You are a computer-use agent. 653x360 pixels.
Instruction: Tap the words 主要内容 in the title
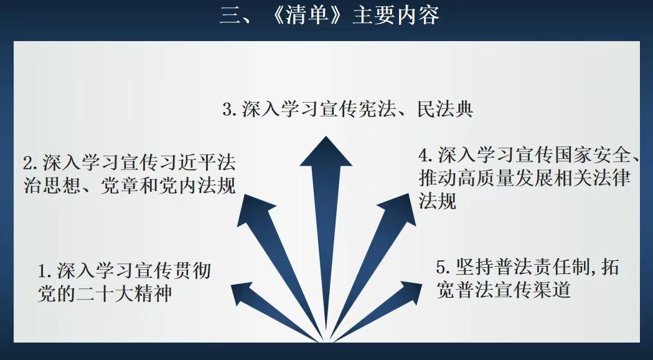tap(396, 16)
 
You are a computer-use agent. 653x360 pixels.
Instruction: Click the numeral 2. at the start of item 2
tap(31, 163)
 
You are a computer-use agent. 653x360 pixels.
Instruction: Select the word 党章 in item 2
tap(120, 185)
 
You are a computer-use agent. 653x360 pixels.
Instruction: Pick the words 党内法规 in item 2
tap(197, 185)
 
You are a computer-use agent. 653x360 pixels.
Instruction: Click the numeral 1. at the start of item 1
tap(45, 272)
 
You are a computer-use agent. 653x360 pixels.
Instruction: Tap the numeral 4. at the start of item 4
tap(426, 156)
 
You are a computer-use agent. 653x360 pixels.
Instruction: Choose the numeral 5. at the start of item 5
tap(444, 267)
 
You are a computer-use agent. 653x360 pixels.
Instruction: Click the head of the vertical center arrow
tap(326, 151)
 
